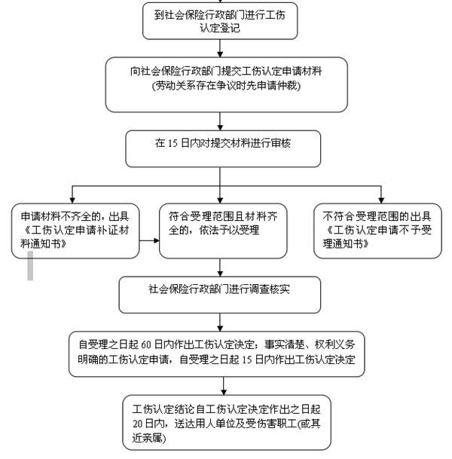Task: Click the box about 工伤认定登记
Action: pos(220,21)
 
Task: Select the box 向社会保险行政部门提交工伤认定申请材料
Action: pos(220,78)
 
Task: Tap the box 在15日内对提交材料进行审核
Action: pos(220,149)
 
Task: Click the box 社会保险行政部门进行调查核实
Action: pos(220,295)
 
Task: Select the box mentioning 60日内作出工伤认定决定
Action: pos(220,350)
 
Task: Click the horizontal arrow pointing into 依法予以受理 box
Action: pos(148,242)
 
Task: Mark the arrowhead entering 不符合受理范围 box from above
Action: pos(376,198)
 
